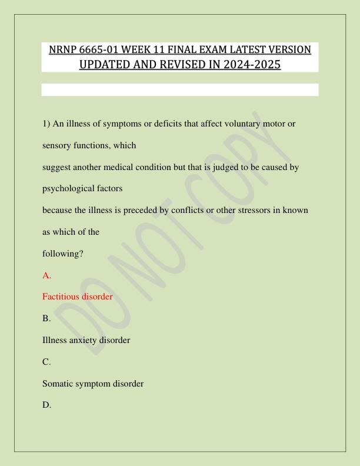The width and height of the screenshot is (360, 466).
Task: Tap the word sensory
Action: coord(58,145)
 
